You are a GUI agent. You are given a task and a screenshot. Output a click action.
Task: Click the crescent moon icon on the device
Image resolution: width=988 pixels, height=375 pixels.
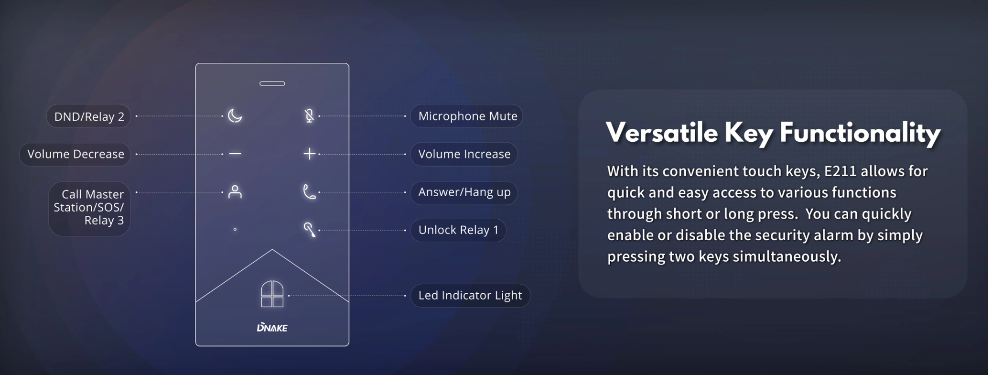(x=235, y=116)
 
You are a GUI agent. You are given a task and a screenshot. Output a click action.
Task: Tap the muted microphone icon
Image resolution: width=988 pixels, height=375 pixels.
(x=309, y=116)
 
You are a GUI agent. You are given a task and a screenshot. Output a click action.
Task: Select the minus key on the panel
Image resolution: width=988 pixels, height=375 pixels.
(x=235, y=154)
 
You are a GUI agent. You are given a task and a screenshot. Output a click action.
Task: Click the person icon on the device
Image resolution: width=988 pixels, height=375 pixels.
(x=235, y=192)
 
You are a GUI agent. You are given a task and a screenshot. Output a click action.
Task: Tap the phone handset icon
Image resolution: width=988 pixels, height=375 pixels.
(x=309, y=192)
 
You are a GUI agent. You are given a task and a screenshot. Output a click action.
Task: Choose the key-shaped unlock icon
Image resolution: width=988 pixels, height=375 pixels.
(x=309, y=229)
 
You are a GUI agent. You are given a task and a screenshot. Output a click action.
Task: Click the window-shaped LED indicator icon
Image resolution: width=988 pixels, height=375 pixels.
(x=272, y=294)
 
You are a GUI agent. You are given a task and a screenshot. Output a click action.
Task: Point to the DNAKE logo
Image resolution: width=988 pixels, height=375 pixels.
(x=272, y=327)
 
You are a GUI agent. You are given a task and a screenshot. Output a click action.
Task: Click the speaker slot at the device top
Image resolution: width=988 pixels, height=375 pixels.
(x=272, y=83)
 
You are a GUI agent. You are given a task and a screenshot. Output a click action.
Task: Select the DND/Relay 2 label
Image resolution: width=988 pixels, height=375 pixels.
(x=89, y=117)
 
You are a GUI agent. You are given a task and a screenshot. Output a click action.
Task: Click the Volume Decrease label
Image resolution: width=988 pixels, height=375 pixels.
(x=76, y=154)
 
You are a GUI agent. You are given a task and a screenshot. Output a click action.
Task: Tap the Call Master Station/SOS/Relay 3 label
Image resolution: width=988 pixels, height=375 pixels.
(x=89, y=208)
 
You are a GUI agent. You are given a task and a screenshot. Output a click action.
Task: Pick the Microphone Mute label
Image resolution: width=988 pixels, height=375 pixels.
(x=467, y=116)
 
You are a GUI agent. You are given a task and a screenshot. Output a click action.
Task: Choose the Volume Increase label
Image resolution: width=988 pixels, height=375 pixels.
(x=464, y=154)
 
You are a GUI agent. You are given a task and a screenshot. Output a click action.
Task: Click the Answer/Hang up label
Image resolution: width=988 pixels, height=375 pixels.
(x=464, y=192)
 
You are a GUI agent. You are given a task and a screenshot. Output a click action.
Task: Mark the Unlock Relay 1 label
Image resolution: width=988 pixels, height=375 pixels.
(x=458, y=230)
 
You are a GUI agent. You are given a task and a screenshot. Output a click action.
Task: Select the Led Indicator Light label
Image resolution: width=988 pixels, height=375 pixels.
(x=470, y=295)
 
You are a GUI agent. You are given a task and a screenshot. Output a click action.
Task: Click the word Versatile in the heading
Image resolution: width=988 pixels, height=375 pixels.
(x=661, y=132)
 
